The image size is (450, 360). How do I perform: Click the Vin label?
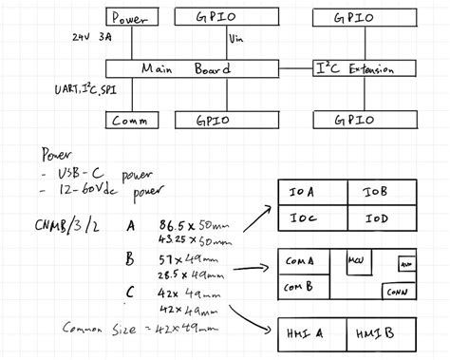[238, 40]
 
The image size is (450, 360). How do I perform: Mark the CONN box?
[396, 293]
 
